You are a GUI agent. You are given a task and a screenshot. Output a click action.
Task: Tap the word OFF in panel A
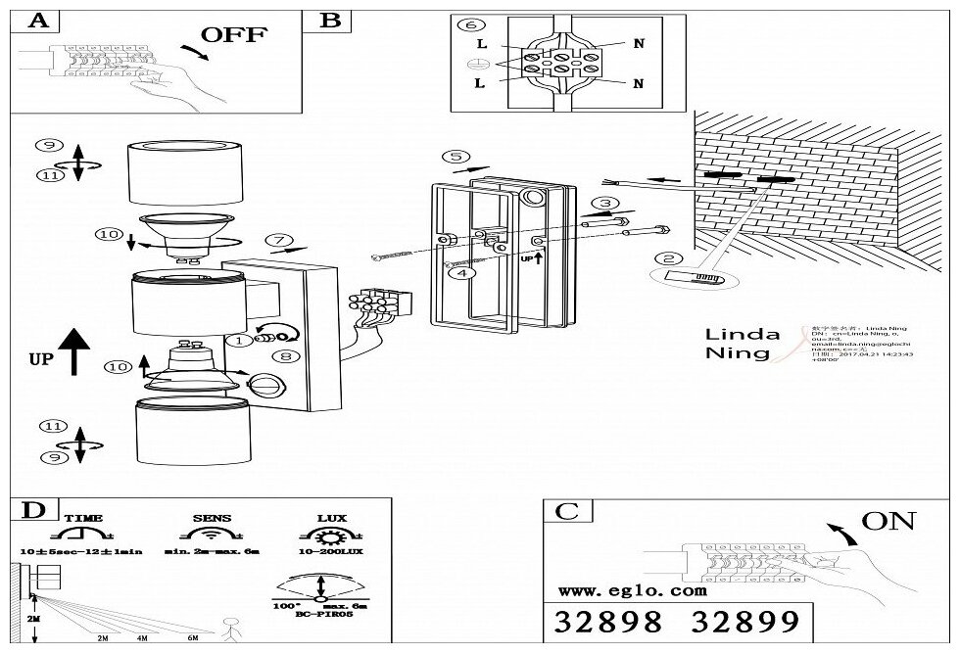point(233,35)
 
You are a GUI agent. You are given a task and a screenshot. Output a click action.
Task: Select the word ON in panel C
point(888,521)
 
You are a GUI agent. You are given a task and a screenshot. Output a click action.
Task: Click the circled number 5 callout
point(452,157)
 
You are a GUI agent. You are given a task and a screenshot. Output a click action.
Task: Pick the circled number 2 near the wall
point(669,259)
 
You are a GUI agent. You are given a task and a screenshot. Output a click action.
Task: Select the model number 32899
point(744,622)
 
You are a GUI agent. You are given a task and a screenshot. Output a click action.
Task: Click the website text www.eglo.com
point(633,591)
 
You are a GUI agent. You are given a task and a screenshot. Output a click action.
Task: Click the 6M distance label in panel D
point(192,638)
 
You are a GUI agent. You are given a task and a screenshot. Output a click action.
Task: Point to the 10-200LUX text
point(323,552)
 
